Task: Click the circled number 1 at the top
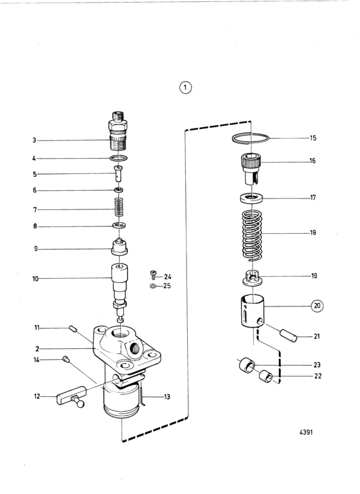185,87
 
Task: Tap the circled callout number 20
317,306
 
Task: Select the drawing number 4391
306,432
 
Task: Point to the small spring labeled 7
118,207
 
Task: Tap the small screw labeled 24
154,274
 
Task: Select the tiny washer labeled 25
153,286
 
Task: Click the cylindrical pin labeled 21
289,335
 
